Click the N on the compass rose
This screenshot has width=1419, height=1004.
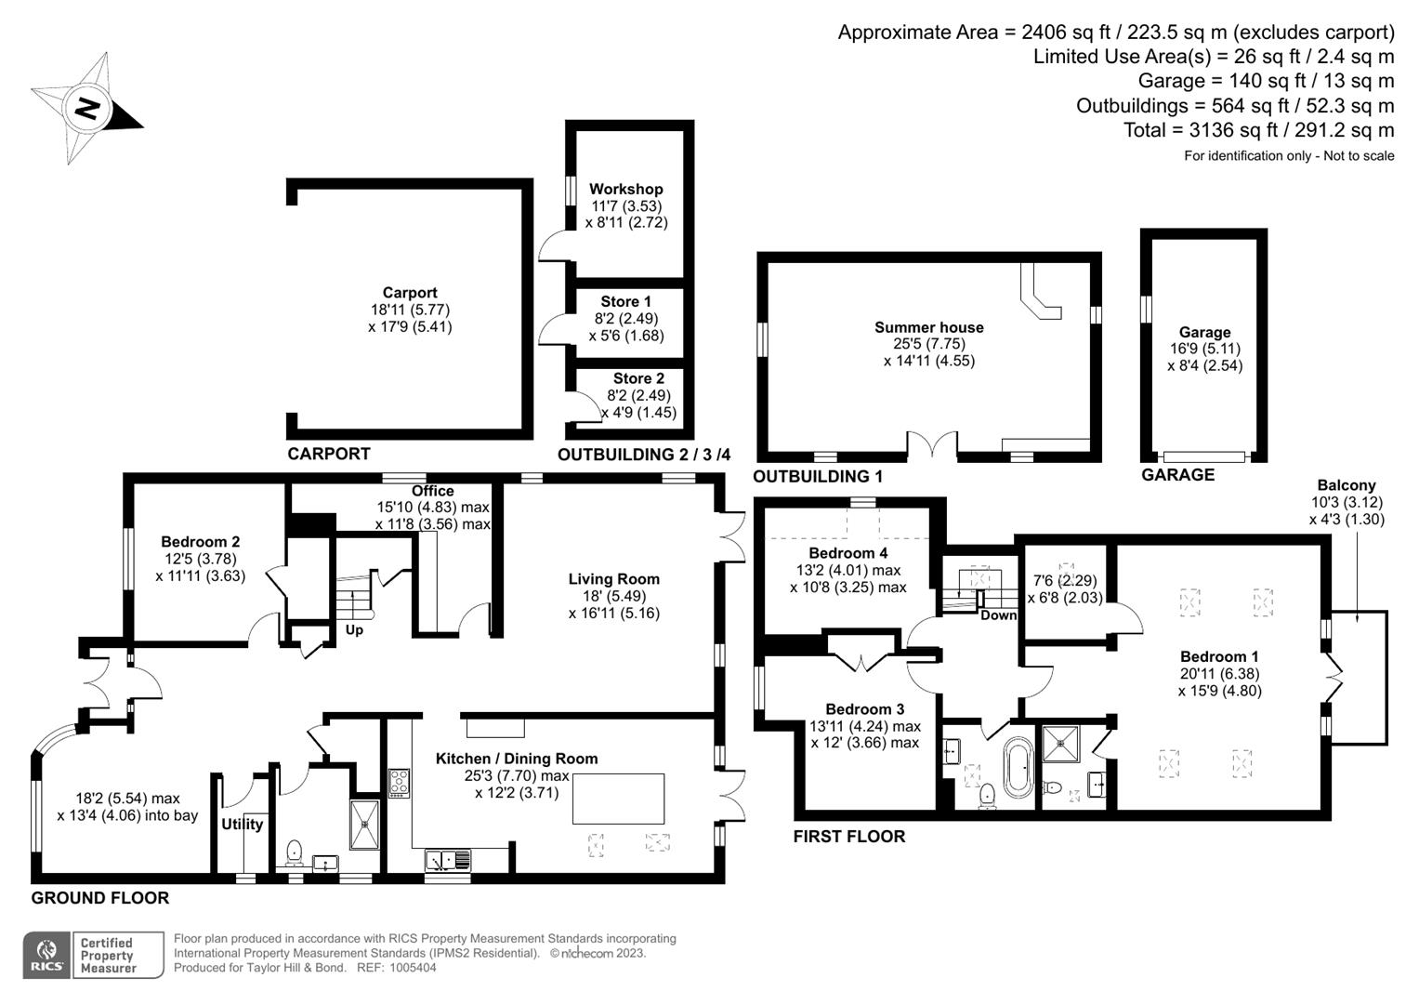(86, 109)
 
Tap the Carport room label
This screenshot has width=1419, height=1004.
(410, 292)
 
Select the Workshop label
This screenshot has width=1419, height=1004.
(626, 189)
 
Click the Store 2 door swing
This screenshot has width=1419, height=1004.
(585, 405)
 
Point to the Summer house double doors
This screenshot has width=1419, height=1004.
(932, 443)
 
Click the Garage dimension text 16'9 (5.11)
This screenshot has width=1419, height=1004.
(1205, 349)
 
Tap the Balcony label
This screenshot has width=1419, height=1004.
(1347, 485)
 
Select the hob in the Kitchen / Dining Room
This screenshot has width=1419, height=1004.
(399, 783)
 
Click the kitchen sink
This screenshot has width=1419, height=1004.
(448, 860)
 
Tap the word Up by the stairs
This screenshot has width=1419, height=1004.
(354, 630)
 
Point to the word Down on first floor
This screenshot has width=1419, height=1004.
(998, 615)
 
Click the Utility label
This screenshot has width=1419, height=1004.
(242, 824)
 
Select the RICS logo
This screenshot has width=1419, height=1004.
(46, 955)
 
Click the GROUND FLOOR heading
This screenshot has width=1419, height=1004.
(100, 898)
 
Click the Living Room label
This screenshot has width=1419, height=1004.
(614, 578)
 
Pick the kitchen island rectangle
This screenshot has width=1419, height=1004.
(618, 799)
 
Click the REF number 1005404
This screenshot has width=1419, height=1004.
(413, 968)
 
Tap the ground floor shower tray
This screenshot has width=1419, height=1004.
(365, 825)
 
